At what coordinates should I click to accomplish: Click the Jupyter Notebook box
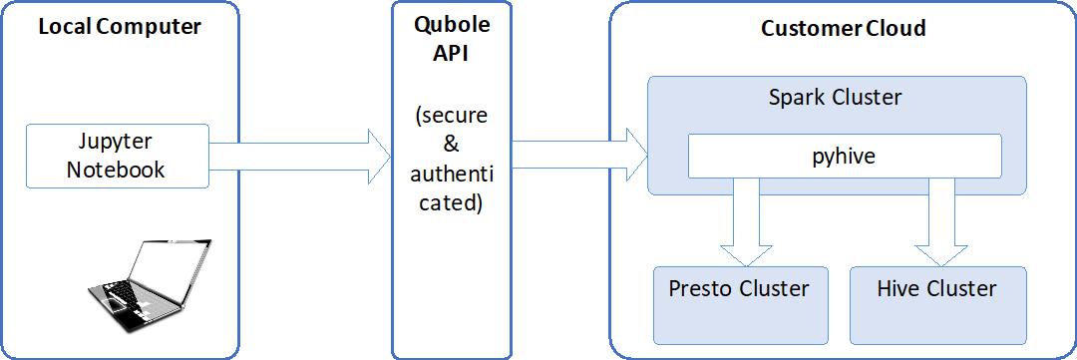[117, 155]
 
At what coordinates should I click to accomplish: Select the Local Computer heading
[120, 27]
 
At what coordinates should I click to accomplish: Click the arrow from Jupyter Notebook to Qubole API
[299, 155]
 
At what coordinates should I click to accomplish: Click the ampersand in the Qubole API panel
[451, 145]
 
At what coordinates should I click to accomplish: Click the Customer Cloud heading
[843, 28]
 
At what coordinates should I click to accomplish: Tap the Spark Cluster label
[835, 98]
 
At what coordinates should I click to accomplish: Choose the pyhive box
[844, 157]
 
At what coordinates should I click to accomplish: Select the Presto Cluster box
[739, 303]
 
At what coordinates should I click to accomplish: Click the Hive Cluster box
[936, 303]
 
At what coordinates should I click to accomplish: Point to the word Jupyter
[117, 142]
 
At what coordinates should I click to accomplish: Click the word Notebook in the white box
[117, 170]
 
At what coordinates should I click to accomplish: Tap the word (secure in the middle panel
[451, 115]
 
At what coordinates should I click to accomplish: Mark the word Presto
[701, 289]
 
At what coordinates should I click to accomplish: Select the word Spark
[796, 98]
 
